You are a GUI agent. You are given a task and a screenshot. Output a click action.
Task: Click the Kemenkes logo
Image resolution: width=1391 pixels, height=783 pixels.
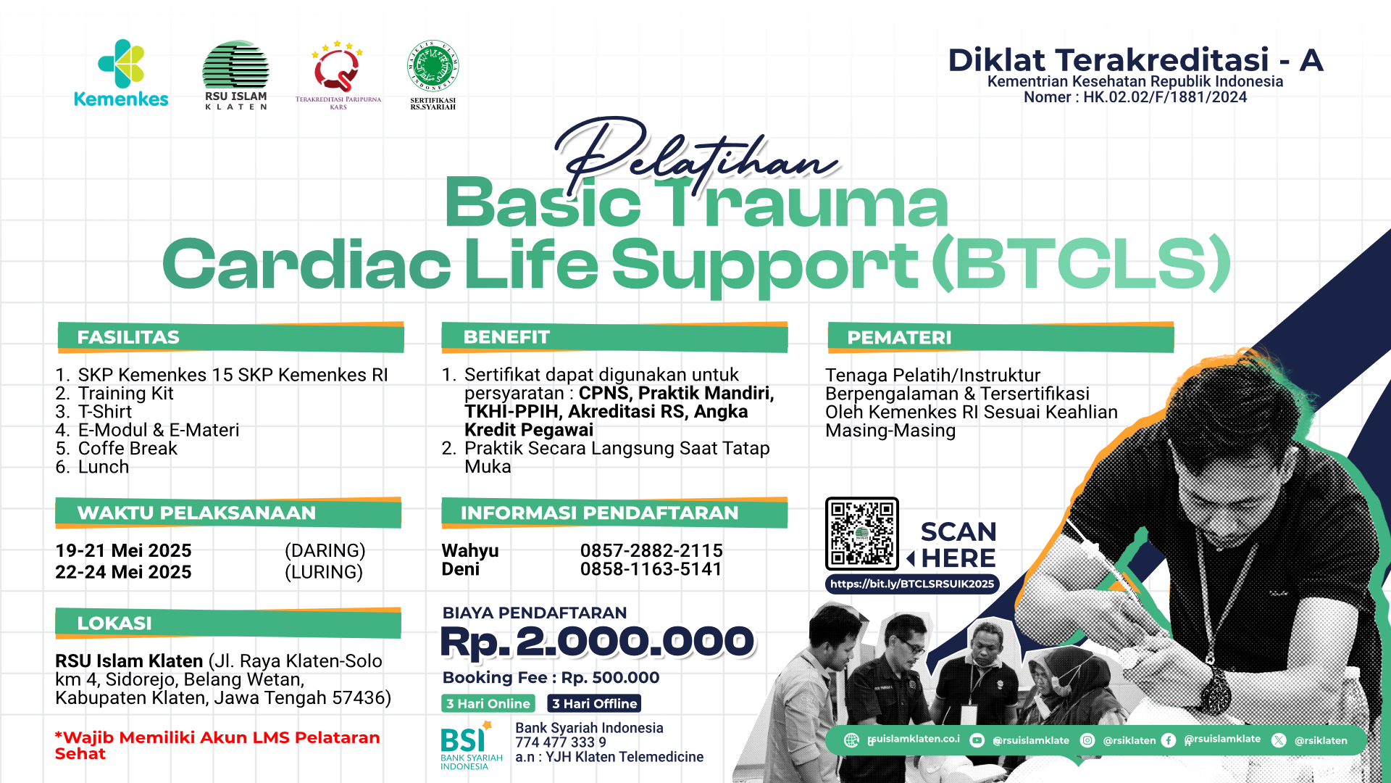pos(121,73)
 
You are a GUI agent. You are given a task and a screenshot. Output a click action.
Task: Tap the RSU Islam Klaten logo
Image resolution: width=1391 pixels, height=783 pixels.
pos(235,75)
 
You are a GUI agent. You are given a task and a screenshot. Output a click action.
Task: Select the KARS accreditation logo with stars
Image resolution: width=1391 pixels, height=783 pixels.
pos(338,74)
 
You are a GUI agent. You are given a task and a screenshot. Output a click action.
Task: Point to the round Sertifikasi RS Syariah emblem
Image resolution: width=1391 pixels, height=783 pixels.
pos(433,67)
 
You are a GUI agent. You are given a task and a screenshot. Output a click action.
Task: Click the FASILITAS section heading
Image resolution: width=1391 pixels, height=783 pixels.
pos(128,337)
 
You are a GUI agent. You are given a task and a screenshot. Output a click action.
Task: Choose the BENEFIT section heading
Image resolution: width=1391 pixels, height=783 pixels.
pos(506,337)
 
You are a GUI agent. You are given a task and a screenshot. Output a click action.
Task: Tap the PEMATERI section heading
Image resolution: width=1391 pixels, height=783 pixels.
pos(899,338)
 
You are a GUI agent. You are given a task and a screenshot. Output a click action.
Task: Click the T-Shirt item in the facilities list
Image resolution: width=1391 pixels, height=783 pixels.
pos(104,412)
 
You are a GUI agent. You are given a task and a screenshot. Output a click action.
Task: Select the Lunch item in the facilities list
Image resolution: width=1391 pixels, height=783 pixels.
pos(103,467)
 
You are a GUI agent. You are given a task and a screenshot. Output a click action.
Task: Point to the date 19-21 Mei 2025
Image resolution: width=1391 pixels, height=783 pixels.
pos(123,551)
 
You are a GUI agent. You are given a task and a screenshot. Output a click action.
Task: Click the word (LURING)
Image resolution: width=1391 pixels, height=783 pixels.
pos(324,572)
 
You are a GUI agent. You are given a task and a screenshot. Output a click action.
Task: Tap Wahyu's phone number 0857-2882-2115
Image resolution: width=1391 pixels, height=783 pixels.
pos(651,551)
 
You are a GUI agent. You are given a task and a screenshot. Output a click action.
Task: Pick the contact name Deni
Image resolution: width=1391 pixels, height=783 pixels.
pos(461,570)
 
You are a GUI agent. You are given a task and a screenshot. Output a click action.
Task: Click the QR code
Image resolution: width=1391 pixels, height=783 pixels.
pos(862,534)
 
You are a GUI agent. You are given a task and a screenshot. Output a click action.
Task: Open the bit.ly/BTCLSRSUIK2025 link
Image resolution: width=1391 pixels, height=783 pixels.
pos(912,584)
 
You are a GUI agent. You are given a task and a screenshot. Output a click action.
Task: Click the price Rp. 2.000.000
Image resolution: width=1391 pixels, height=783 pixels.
pos(598,642)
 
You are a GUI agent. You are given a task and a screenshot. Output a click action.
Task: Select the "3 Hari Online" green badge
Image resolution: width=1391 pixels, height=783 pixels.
pos(488,703)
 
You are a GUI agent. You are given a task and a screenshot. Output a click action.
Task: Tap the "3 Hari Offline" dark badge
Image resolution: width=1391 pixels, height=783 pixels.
pos(594,703)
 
